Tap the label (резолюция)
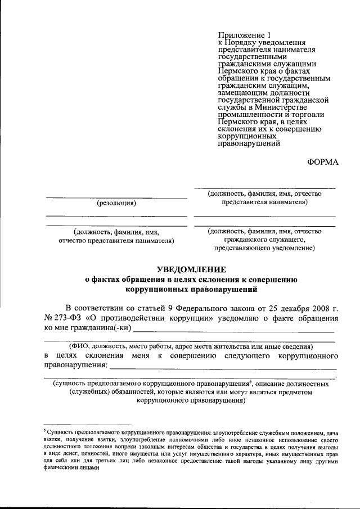tap(116, 203)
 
